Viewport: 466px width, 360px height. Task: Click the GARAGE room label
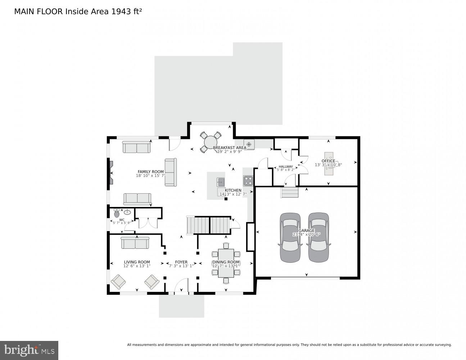click(306, 230)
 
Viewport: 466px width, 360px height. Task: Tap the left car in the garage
click(290, 238)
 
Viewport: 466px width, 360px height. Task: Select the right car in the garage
click(318, 238)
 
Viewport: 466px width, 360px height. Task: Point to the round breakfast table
click(210, 143)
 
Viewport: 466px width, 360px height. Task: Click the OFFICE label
click(328, 161)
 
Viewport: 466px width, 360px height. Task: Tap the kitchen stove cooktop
click(248, 180)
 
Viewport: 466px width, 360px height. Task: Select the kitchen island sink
click(221, 181)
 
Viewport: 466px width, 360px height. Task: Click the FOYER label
click(181, 262)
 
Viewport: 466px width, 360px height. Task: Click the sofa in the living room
click(135, 243)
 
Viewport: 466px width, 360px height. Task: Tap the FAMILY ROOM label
click(150, 172)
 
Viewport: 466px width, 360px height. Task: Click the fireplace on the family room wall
click(111, 173)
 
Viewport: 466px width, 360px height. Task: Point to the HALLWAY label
click(286, 167)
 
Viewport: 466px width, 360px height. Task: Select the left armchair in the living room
click(118, 282)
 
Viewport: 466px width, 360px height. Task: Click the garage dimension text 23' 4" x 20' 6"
click(306, 234)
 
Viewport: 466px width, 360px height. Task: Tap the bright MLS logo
click(29, 350)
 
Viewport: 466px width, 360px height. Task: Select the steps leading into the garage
click(290, 193)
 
